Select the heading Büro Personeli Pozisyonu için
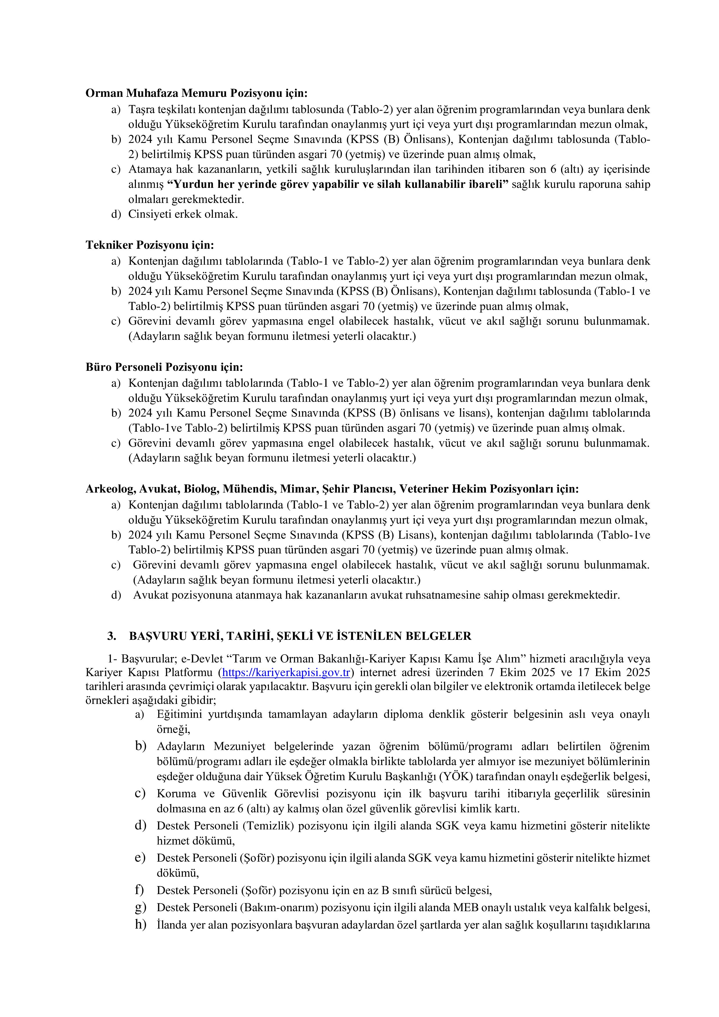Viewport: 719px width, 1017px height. [164, 367]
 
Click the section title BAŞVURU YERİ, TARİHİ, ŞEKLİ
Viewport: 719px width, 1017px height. [300, 636]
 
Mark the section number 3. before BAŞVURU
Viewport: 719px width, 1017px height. [112, 636]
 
